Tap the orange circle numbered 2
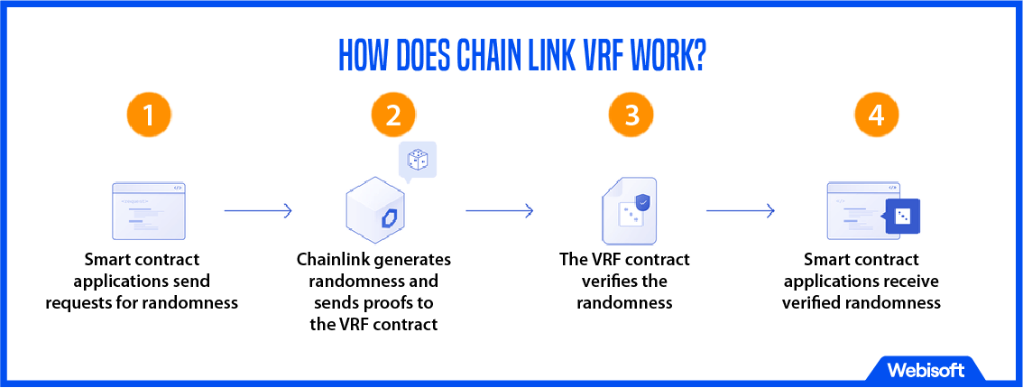[x=393, y=115]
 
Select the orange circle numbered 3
[x=631, y=115]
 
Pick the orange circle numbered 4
[x=877, y=115]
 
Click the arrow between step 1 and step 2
[x=258, y=211]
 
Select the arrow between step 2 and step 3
[x=499, y=211]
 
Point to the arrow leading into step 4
[x=740, y=211]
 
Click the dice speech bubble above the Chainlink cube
[x=418, y=161]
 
